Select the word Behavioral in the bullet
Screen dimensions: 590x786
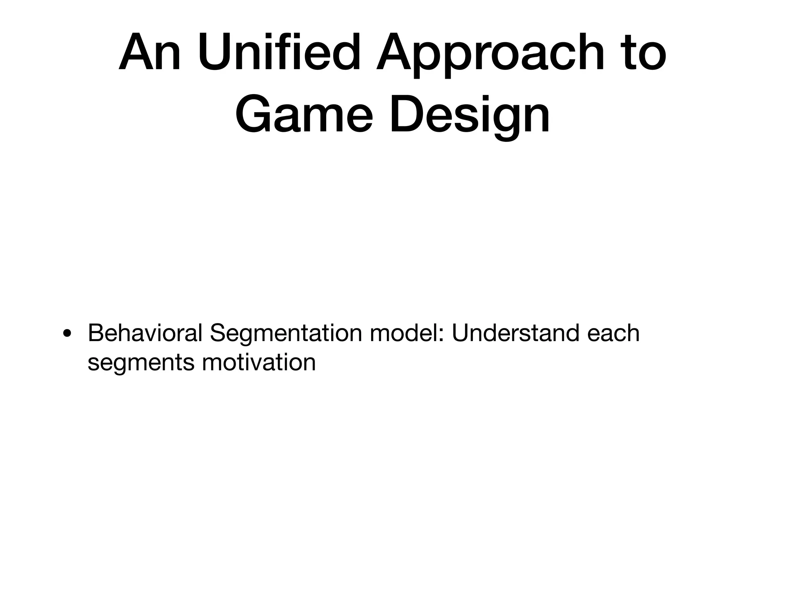pos(145,333)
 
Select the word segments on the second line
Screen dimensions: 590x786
pos(141,363)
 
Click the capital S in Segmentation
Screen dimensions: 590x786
pos(218,333)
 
